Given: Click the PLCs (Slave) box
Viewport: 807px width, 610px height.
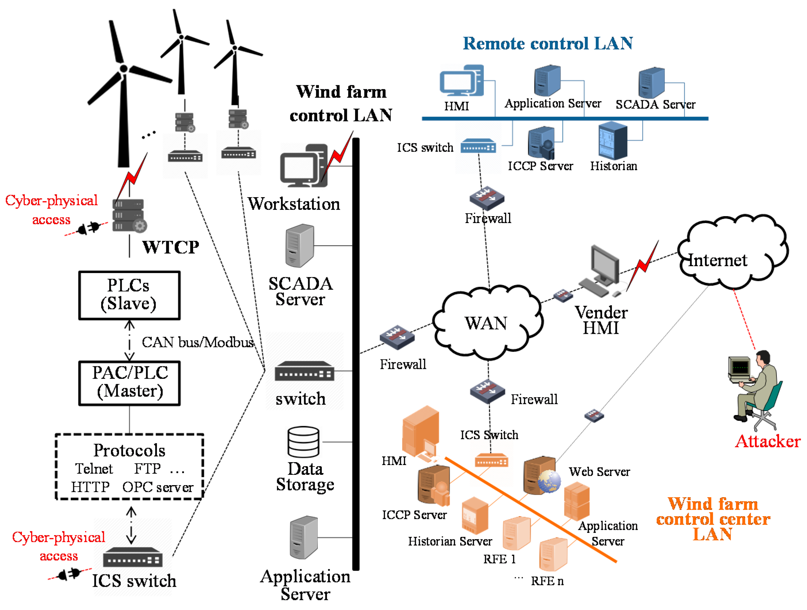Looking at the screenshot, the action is [x=130, y=295].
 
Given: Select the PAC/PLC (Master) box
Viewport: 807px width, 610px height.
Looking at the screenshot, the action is [x=130, y=383].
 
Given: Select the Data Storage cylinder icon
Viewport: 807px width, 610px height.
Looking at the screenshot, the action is [x=303, y=442].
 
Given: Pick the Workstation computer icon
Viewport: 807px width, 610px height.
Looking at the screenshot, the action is [x=304, y=166].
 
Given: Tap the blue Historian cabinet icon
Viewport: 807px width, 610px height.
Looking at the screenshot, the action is [x=613, y=140].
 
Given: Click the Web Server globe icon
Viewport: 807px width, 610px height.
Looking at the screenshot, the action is [x=549, y=481].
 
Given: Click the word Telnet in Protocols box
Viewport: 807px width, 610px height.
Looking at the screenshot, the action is [x=94, y=468].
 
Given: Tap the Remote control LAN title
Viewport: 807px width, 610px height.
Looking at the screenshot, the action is [x=548, y=43].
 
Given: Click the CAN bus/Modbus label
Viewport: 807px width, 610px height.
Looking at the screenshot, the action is [x=197, y=342].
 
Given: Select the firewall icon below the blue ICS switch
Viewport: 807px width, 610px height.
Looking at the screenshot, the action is [x=487, y=198].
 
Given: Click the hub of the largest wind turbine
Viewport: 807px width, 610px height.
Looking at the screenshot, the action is [x=124, y=69].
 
